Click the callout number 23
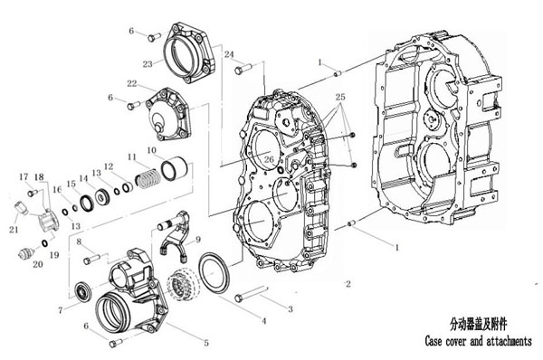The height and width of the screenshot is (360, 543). tap(148, 64)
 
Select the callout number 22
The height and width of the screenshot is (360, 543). tap(132, 83)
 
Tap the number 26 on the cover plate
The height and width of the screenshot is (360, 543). tap(269, 159)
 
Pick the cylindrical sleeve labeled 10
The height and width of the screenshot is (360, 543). tap(174, 168)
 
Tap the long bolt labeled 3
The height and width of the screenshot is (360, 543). tap(252, 293)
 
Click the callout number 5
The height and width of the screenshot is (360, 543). tap(206, 343)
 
